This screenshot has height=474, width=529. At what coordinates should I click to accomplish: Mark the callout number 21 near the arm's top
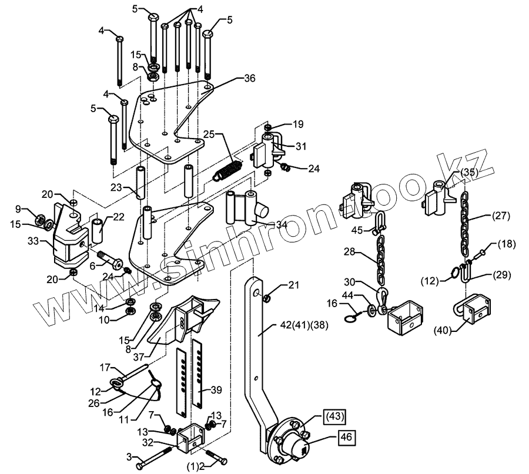[x=293, y=285]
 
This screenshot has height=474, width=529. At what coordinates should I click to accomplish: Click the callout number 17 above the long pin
[x=105, y=368]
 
